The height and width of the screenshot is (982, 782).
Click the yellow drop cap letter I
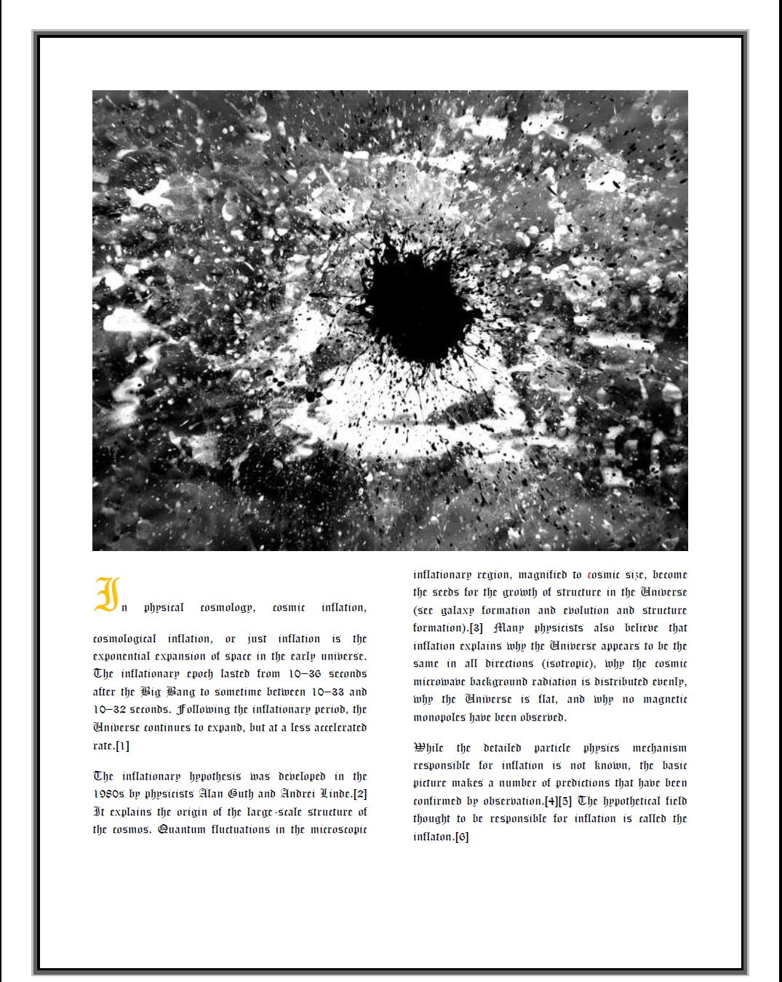(107, 595)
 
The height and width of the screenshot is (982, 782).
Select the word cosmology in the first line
(227, 608)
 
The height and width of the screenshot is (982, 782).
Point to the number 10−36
(305, 674)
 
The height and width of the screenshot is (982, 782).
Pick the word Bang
(181, 692)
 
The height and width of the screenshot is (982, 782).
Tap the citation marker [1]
(121, 745)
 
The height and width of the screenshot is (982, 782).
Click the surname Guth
(241, 794)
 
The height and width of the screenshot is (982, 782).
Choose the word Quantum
(181, 830)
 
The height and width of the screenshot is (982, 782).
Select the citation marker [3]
(476, 628)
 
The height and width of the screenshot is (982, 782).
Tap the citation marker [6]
(461, 837)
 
